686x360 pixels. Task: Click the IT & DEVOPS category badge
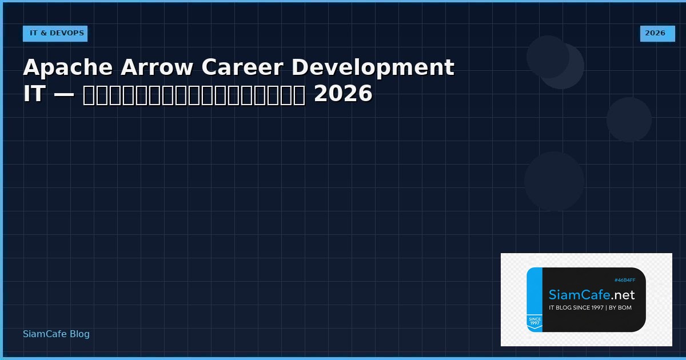(55, 33)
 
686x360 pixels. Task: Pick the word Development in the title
(373, 67)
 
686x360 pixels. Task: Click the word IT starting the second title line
(34, 94)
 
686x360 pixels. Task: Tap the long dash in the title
(63, 95)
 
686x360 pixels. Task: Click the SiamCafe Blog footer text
(56, 334)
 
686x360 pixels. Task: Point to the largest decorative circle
(554, 181)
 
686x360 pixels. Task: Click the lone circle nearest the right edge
(629, 119)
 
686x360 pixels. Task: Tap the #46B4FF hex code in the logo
(625, 280)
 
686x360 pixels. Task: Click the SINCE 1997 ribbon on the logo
(535, 322)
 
